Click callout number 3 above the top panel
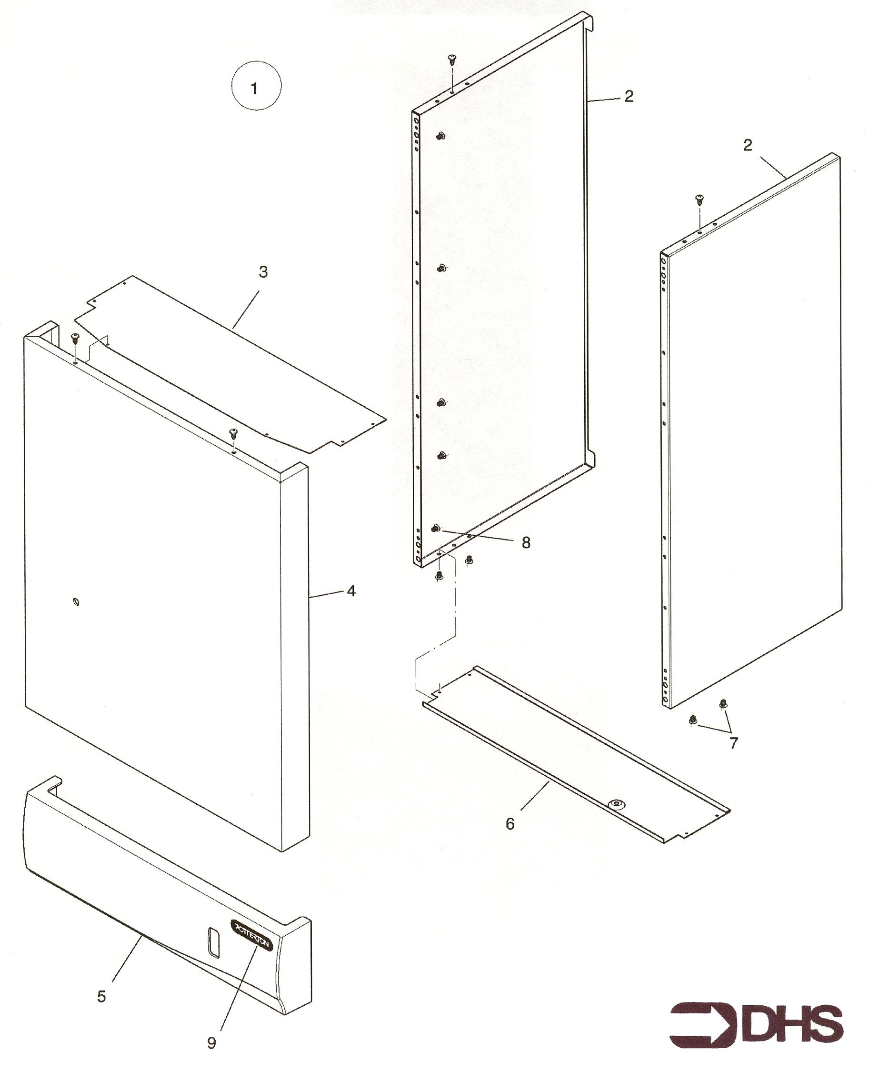(263, 272)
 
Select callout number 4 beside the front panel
(351, 591)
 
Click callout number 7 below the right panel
(733, 743)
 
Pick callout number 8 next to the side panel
(526, 543)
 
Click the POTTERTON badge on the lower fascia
(251, 935)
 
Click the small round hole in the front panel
(76, 601)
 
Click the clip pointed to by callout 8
(436, 528)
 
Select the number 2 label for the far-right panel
(748, 145)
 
